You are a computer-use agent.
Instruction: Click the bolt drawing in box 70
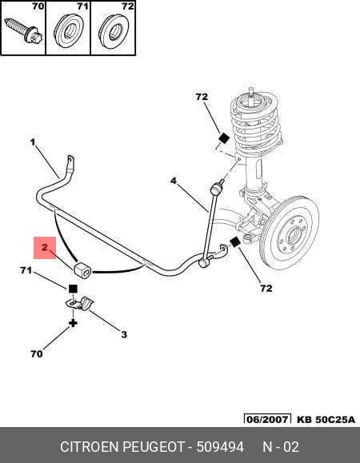coord(24,31)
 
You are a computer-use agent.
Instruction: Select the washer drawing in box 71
coord(68,30)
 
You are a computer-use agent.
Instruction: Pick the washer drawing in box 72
coord(113,30)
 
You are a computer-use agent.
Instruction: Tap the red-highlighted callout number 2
coord(45,247)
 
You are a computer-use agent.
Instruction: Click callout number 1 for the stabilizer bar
coord(33,142)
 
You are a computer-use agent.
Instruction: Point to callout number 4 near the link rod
coord(174,181)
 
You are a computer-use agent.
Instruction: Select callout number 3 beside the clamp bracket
coord(124,334)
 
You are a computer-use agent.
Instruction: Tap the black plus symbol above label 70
coord(73,323)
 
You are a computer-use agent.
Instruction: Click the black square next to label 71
coord(73,289)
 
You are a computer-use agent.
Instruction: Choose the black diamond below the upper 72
coord(224,138)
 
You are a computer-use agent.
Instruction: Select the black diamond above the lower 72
coord(234,242)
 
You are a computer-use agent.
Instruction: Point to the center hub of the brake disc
coord(294,236)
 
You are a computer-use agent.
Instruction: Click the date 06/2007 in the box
coord(267,419)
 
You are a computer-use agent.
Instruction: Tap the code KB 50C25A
coord(326,419)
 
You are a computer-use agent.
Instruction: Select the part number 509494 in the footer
coord(220,447)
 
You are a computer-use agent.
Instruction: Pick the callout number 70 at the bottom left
coord(36,353)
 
